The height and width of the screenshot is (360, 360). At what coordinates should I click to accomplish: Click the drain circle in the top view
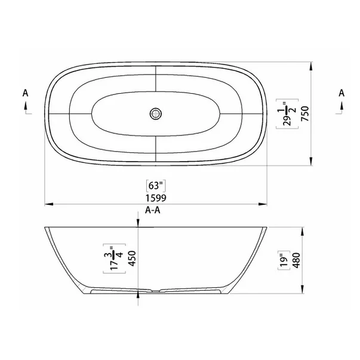156,112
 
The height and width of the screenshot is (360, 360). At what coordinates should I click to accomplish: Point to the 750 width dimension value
304,112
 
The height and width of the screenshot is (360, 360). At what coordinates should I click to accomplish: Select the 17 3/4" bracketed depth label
109,259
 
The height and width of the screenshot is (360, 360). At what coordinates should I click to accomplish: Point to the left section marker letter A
25,93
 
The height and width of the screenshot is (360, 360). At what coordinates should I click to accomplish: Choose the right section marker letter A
341,93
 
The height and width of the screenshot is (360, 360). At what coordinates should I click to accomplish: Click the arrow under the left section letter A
25,106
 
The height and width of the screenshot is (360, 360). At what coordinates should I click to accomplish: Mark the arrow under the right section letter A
341,106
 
